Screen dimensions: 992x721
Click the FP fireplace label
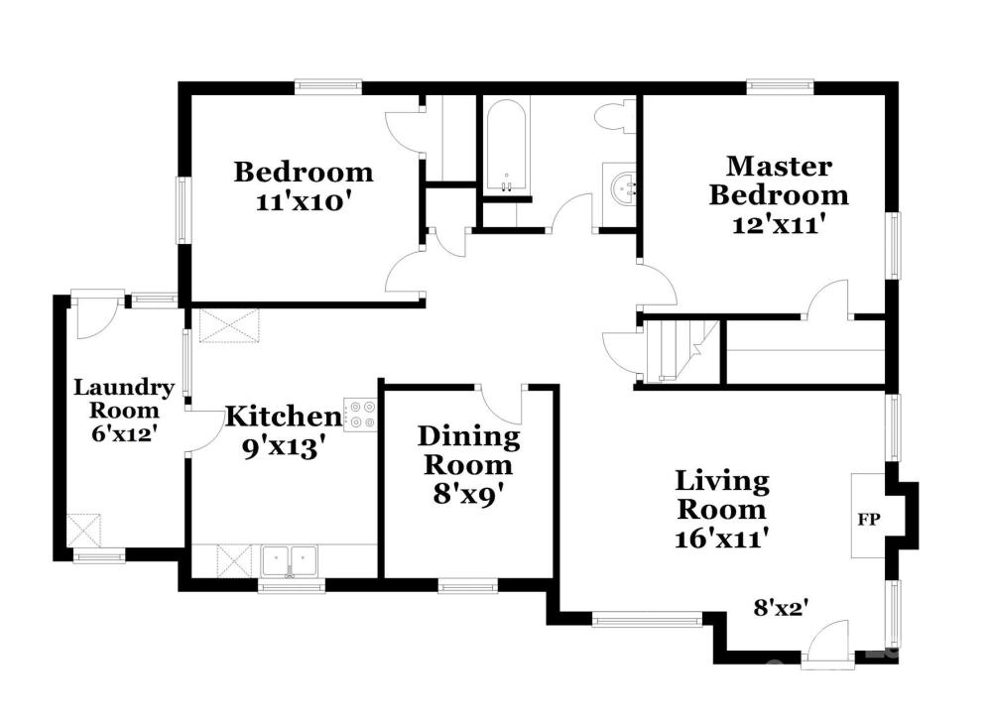869,520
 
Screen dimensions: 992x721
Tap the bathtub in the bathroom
506,146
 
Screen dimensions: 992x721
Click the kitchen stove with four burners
360,415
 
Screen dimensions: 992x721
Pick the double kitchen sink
289,561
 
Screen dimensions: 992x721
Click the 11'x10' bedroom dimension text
303,202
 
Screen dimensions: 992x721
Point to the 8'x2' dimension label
782,608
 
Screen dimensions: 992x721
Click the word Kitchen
284,417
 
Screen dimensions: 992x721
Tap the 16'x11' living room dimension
722,539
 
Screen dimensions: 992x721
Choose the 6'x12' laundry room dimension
124,433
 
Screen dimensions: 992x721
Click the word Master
779,167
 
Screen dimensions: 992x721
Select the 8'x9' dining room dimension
468,494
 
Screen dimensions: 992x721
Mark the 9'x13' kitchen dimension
284,448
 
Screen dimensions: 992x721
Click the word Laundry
124,388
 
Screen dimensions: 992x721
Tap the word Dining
469,437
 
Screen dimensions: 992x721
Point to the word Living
722,482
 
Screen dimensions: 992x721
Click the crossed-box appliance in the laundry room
84,531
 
